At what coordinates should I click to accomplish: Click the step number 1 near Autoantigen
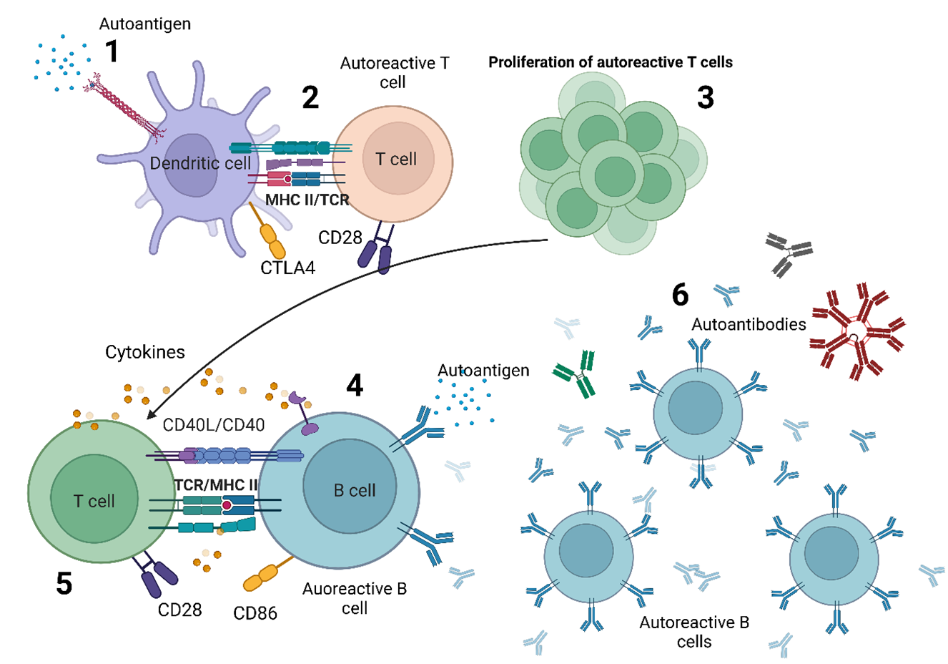click(112, 52)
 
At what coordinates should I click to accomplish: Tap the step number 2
click(310, 97)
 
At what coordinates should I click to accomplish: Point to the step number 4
click(355, 385)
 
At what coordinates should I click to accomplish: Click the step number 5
click(64, 584)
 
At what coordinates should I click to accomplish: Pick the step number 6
click(680, 295)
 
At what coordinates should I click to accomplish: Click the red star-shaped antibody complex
click(856, 333)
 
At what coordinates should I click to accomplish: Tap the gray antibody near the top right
click(788, 253)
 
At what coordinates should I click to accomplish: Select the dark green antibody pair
click(579, 373)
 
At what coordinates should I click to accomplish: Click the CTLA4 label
click(287, 268)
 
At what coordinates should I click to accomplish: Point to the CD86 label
click(255, 613)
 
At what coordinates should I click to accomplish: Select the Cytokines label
click(145, 352)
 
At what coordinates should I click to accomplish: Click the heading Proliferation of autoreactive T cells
click(611, 62)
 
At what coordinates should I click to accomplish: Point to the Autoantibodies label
click(749, 324)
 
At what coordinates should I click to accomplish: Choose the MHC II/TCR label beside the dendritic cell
click(307, 200)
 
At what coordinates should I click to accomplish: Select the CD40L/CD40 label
click(214, 425)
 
